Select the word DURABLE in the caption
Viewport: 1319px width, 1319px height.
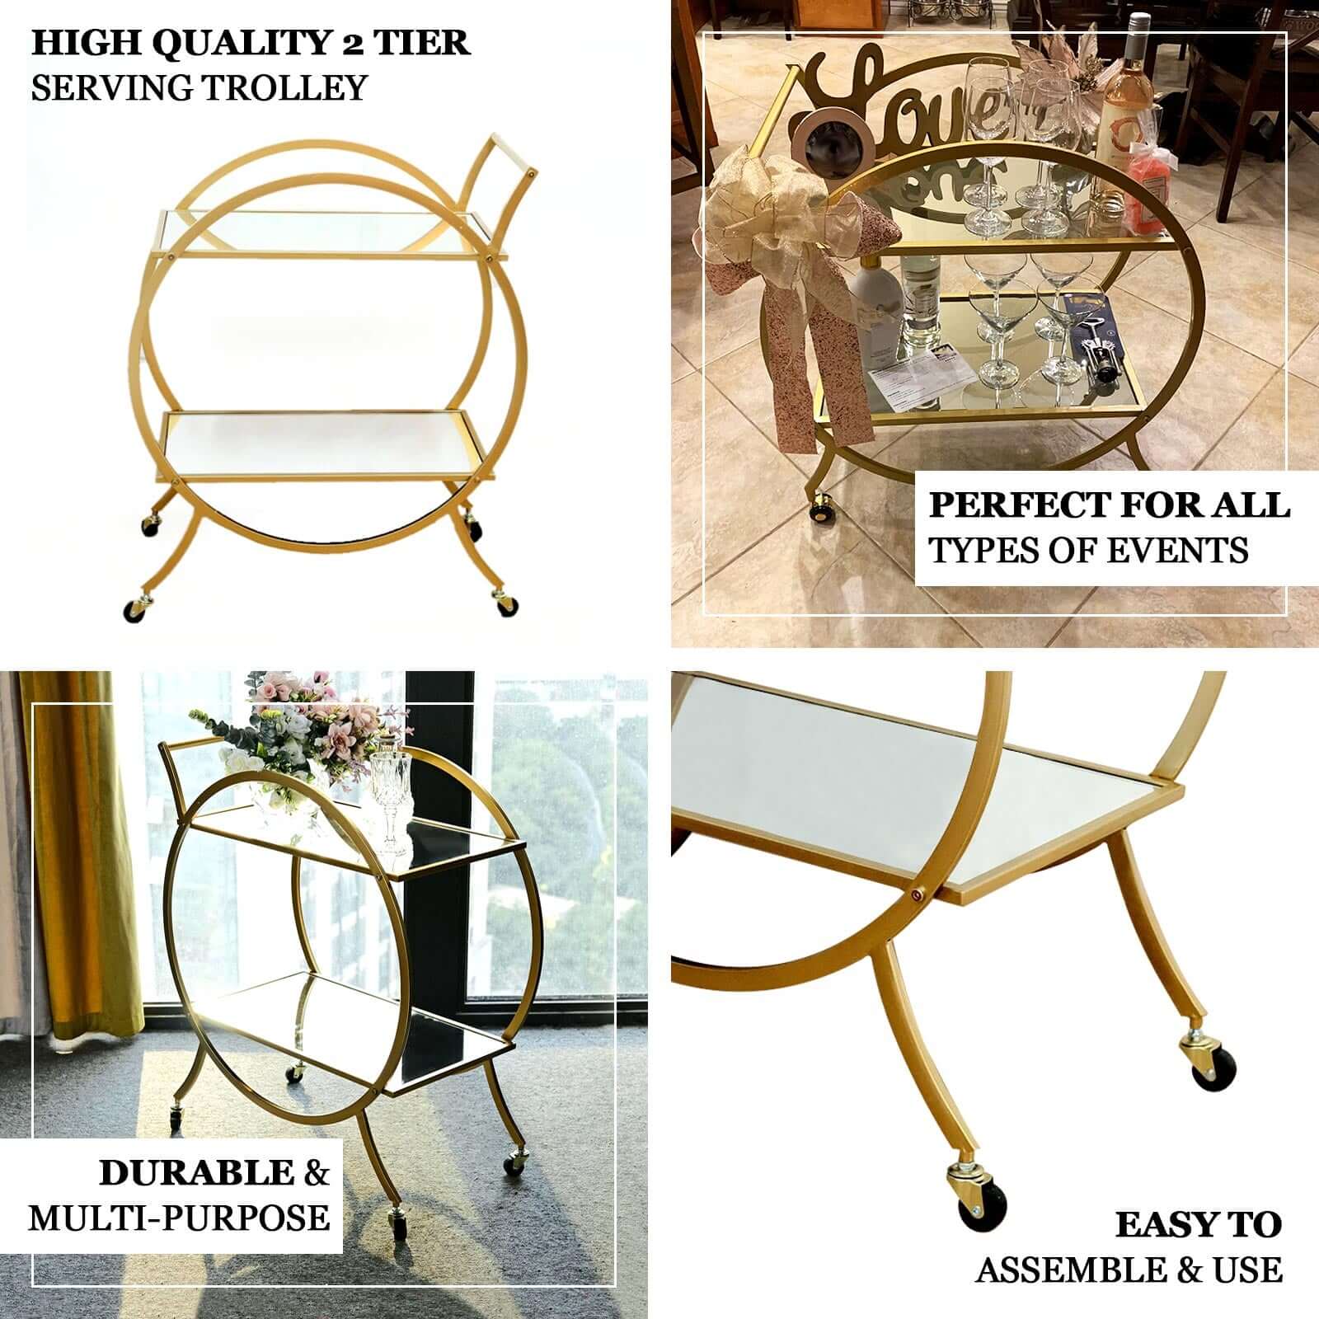196,1172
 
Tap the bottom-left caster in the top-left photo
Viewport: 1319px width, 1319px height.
133,612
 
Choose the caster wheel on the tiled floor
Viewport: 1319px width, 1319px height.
820,509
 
